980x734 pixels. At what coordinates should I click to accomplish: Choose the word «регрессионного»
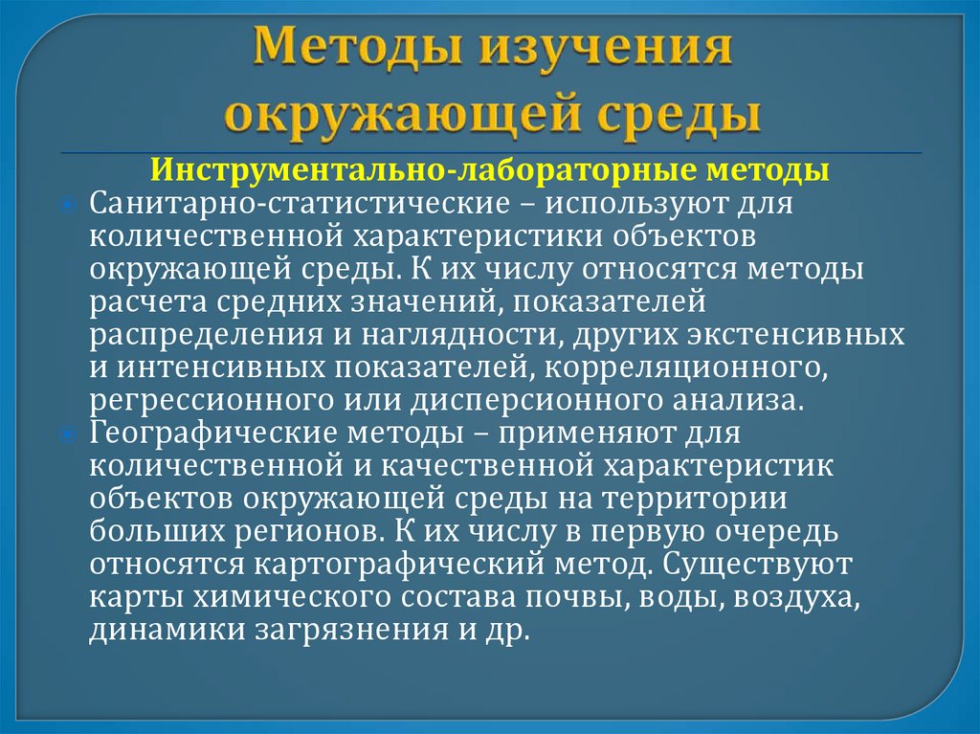(198, 400)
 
